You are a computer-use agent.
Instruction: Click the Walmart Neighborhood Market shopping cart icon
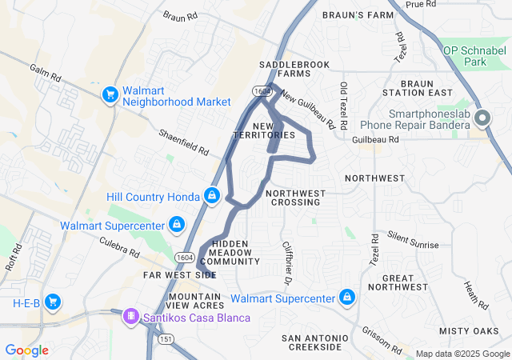[x=110, y=95]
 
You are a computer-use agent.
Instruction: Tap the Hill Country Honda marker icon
[x=211, y=195]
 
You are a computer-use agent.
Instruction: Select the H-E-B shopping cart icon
[x=53, y=302]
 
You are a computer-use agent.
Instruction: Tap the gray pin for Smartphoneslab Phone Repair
[x=482, y=119]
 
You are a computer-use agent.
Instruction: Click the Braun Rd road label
[x=179, y=16]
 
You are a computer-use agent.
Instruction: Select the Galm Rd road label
[x=45, y=76]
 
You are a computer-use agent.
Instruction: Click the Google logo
[x=26, y=350]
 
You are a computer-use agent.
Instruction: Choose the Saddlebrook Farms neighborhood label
[x=285, y=69]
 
